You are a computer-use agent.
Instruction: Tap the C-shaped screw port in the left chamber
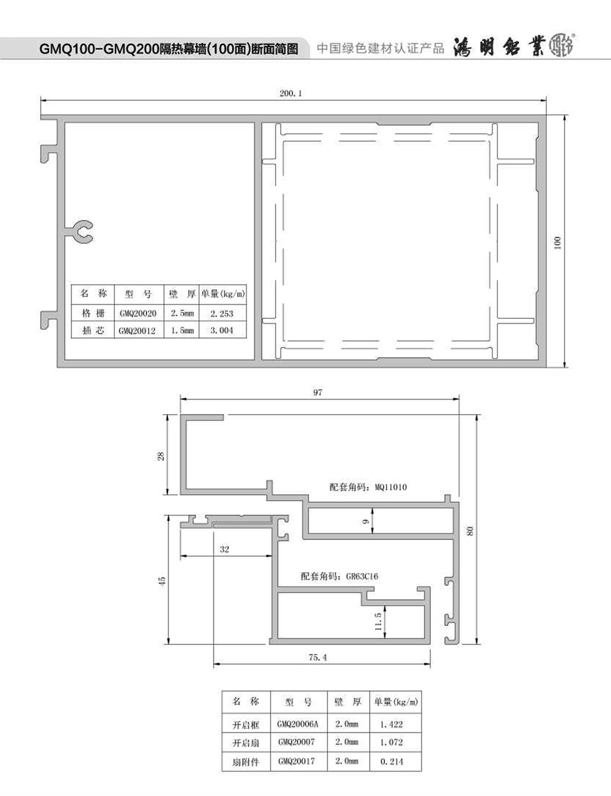point(84,232)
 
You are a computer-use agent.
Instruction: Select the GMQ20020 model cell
point(137,313)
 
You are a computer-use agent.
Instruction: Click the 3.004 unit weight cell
point(222,330)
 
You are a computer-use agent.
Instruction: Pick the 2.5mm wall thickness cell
point(182,313)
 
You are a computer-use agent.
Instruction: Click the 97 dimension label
point(318,392)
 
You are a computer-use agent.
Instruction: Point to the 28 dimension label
point(161,456)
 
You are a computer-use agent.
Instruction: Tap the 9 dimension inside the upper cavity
point(365,521)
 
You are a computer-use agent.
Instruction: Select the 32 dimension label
point(224,549)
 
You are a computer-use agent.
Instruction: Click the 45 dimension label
point(162,581)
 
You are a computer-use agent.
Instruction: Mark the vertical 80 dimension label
point(470,531)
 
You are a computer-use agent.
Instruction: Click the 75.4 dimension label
point(318,657)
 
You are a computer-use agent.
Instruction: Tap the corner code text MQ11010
point(390,487)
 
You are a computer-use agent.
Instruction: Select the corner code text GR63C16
point(362,576)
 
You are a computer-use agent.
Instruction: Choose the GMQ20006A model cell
point(298,724)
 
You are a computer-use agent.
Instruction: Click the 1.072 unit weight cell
point(391,742)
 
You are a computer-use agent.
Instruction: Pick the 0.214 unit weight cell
point(392,762)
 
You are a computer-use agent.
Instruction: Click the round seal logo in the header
point(562,45)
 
